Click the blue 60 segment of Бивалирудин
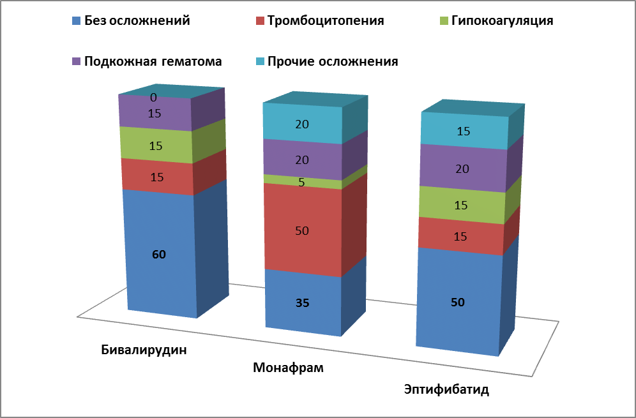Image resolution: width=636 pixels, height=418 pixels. [x=159, y=254]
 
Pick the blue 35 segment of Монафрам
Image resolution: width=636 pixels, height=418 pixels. [x=303, y=302]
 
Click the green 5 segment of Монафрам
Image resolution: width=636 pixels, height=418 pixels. [x=303, y=181]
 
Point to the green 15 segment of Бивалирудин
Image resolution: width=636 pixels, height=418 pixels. [x=156, y=146]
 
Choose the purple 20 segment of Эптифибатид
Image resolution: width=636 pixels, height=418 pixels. [x=462, y=168]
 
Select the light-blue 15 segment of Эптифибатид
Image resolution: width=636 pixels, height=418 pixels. [x=464, y=131]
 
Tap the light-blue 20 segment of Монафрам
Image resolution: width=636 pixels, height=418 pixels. [x=303, y=124]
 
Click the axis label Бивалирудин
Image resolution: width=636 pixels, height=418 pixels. [x=148, y=350]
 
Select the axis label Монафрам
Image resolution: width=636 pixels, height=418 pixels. [x=289, y=368]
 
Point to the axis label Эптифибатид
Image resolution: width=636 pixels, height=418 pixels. [x=446, y=389]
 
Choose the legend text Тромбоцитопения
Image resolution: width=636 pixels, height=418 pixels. [x=326, y=20]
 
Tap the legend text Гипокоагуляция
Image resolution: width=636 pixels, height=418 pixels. [x=502, y=20]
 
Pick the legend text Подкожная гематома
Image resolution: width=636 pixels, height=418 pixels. [x=153, y=61]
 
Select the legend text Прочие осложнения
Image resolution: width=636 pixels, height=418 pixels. [x=333, y=61]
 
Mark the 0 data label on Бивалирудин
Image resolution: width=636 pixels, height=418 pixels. [x=153, y=98]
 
